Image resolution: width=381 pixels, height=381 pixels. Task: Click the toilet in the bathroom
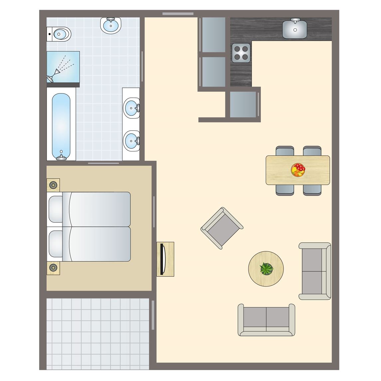coord(60,34)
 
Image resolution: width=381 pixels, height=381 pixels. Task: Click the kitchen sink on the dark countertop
coord(294,29)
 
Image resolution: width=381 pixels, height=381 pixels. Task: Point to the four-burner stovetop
coord(241,53)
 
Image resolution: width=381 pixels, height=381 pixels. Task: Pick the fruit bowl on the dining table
coord(298,170)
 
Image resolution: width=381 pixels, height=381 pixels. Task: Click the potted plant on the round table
coord(266,269)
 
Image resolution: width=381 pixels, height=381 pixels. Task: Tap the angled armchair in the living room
coord(222,228)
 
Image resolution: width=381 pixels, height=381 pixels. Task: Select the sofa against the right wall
coord(314,271)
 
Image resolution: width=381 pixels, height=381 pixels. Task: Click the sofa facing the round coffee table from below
coord(266,319)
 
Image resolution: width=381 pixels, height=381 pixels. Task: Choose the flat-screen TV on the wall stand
coord(162,259)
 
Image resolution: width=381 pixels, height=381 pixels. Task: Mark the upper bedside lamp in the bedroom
coord(53,185)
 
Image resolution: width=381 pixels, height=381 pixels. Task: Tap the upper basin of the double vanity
coord(132,107)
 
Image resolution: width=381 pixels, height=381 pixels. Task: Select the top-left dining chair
coord(285,151)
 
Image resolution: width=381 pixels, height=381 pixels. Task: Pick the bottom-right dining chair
coord(312,190)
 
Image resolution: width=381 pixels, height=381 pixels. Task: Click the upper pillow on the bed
coord(56,209)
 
